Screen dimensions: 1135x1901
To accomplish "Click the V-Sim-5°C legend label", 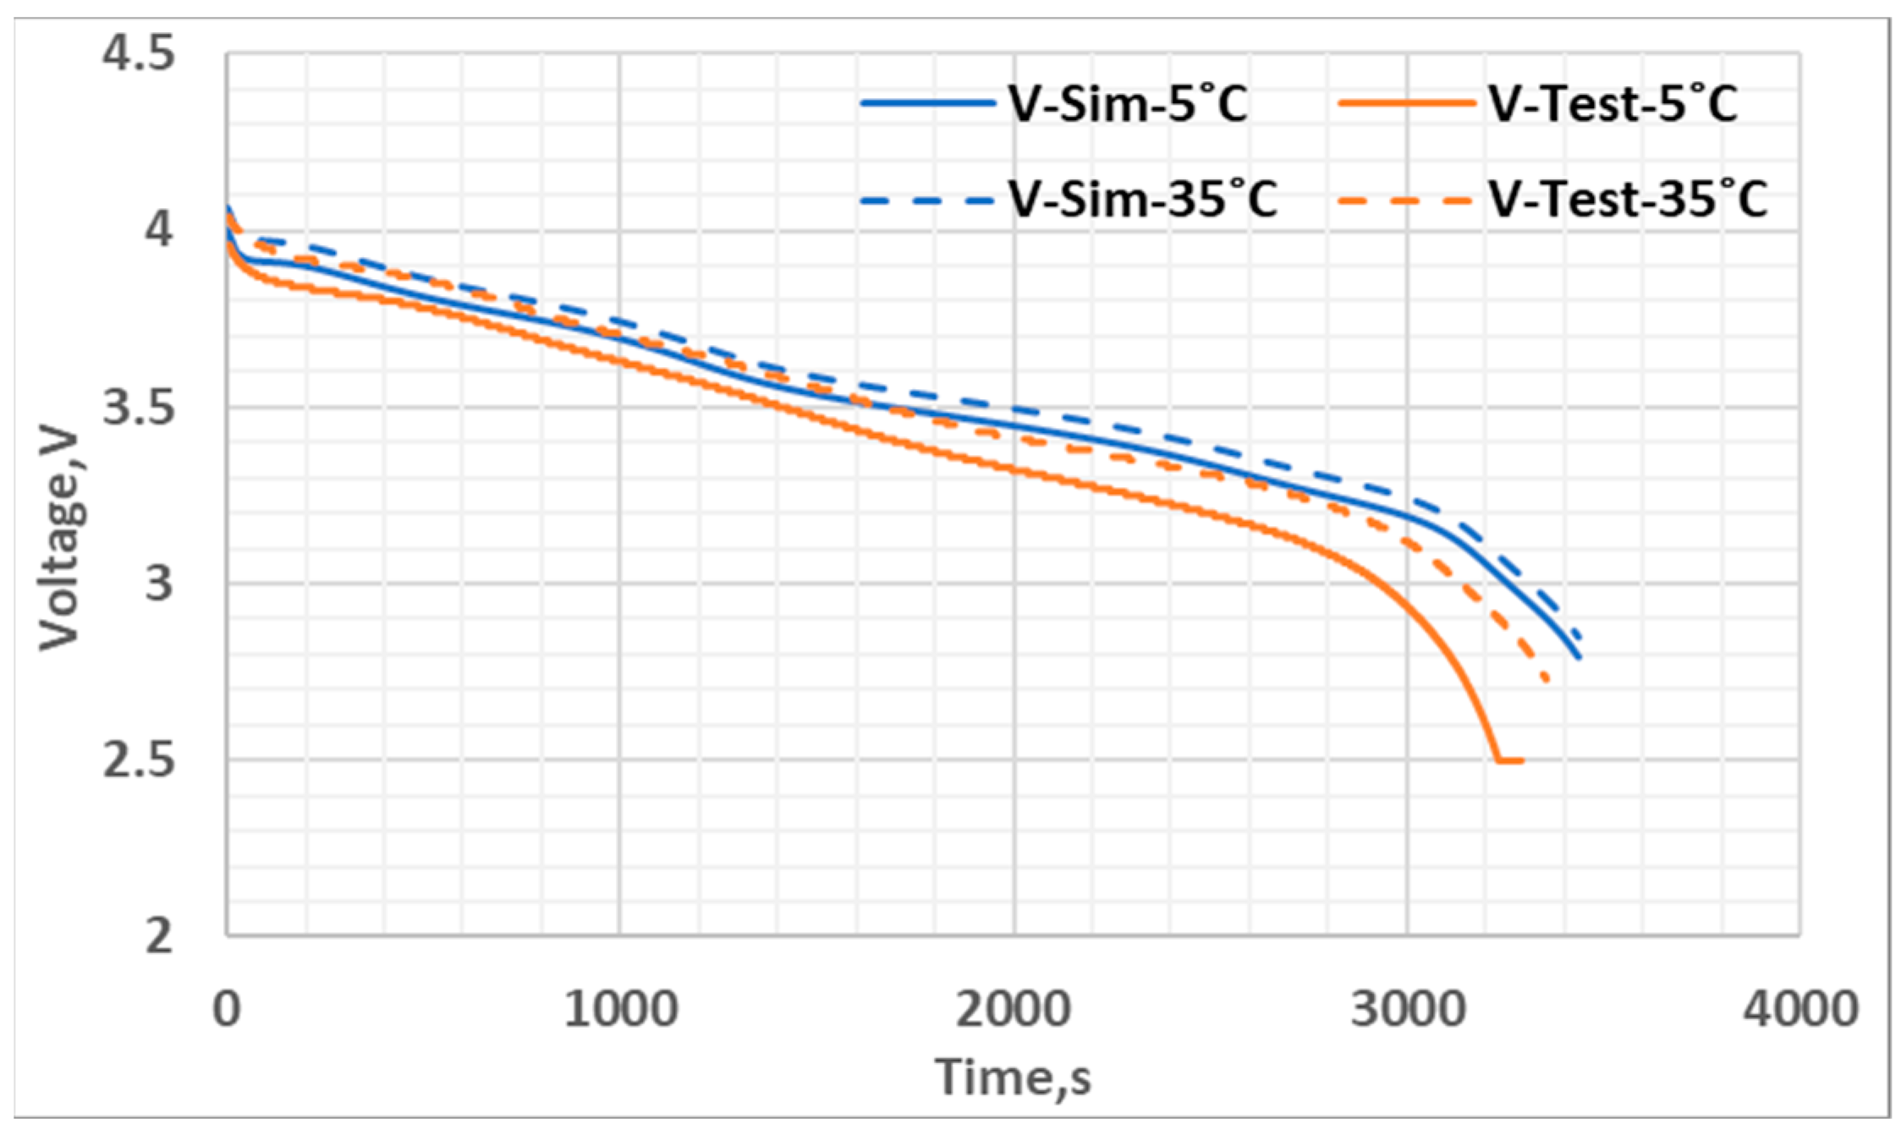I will tap(1128, 106).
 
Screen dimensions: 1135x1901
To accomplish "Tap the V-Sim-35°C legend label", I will tap(1142, 201).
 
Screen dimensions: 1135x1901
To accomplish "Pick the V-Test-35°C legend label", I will tap(1628, 201).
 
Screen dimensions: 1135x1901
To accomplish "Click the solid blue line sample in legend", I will tap(928, 104).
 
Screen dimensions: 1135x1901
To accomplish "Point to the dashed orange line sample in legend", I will tap(1404, 201).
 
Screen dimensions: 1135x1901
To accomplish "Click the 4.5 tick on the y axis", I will tap(139, 53).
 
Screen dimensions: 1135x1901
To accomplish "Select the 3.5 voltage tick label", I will tap(139, 408).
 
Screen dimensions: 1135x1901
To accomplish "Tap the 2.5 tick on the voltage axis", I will tap(139, 760).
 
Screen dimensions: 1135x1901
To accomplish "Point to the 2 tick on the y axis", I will tap(159, 937).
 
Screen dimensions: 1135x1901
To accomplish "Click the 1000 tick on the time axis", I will tap(620, 1009).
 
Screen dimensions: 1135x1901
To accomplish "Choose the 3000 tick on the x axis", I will tap(1408, 1009).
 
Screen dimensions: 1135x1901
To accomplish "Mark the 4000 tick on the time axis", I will tap(1800, 1009).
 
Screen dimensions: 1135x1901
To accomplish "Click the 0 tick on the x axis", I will tap(227, 1009).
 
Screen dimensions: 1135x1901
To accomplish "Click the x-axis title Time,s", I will tap(1013, 1077).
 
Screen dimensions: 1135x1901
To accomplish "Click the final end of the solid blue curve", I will tap(1579, 657).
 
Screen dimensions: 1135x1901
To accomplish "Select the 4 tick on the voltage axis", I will tap(159, 230).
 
